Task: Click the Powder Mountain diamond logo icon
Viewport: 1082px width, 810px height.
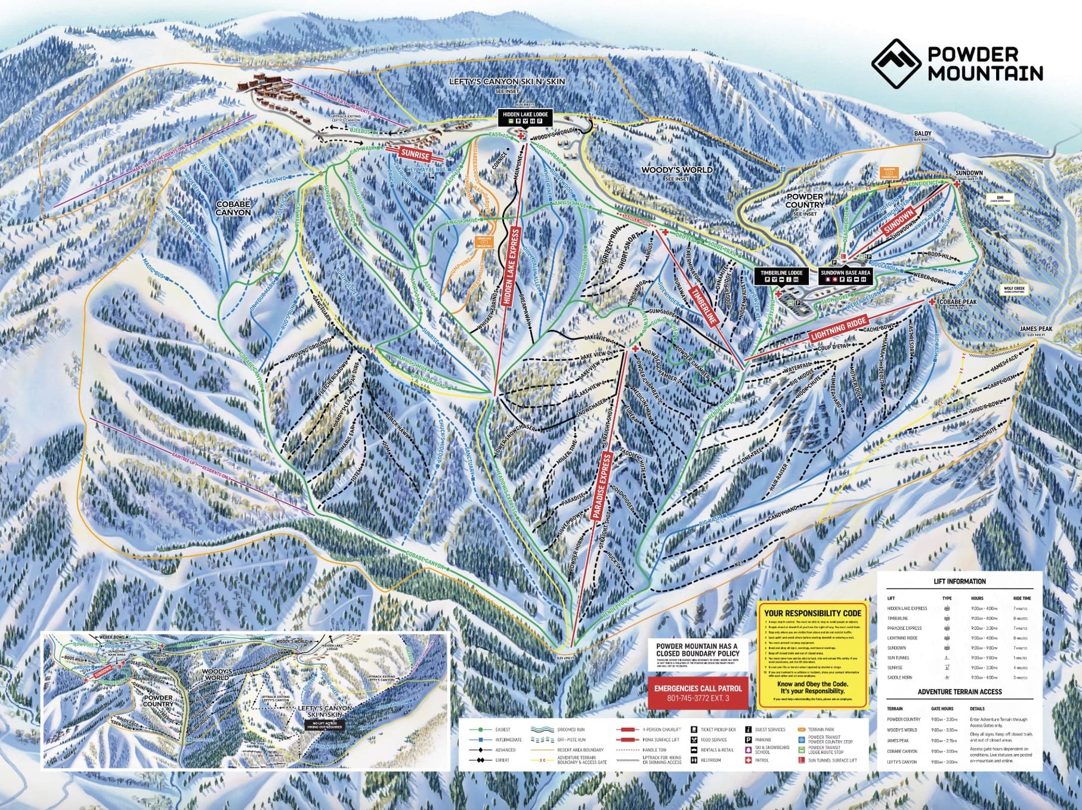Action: pos(896,64)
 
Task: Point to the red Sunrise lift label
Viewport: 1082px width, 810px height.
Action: pos(415,154)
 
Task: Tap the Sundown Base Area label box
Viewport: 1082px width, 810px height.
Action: pos(845,275)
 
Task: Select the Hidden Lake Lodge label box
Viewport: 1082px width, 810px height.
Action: pos(524,117)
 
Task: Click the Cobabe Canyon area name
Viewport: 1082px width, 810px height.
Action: pos(233,208)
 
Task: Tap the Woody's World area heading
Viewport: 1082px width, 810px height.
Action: pos(668,170)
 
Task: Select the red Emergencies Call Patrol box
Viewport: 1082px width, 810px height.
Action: pos(697,692)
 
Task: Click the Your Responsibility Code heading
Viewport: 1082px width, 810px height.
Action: pos(812,613)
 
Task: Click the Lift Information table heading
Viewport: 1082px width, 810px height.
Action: pos(959,581)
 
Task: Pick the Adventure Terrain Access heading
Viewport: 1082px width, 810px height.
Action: pos(959,691)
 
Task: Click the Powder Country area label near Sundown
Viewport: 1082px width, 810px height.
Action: pos(805,200)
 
